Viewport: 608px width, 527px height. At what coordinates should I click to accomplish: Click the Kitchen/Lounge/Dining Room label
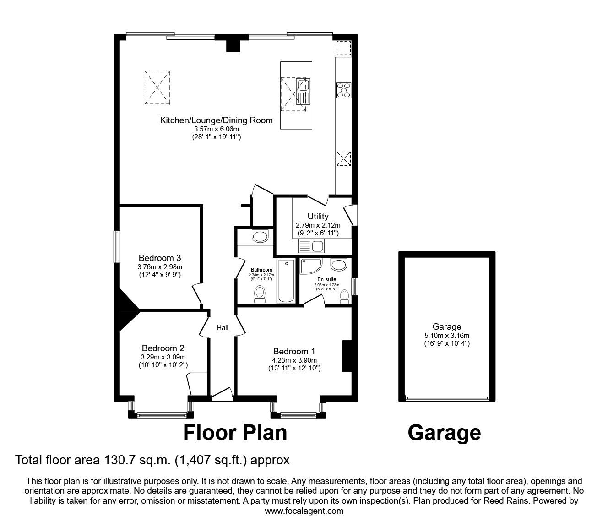click(216, 120)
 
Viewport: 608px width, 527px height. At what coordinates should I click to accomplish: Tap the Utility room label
click(318, 216)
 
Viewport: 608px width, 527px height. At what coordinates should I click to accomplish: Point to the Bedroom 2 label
click(163, 348)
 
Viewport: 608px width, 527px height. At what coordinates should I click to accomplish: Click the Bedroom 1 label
click(294, 351)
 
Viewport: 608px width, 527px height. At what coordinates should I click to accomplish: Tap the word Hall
click(223, 327)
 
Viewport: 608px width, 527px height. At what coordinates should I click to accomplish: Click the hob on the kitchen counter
click(343, 89)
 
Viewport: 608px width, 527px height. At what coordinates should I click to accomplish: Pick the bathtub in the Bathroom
click(286, 281)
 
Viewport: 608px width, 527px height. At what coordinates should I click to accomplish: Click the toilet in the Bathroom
click(260, 294)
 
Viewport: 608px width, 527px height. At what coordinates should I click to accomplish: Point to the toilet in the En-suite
click(344, 296)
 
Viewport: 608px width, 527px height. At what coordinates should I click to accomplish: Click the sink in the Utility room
click(311, 247)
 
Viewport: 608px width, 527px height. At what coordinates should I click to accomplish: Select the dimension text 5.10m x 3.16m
click(446, 335)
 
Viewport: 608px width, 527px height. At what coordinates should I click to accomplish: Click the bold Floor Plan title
click(235, 432)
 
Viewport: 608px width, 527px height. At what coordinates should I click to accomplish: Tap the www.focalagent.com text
click(304, 511)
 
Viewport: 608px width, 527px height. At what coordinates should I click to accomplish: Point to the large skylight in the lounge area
click(157, 87)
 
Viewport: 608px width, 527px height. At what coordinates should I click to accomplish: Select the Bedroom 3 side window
click(117, 246)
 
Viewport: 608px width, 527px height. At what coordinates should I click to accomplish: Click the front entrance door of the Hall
click(222, 395)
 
